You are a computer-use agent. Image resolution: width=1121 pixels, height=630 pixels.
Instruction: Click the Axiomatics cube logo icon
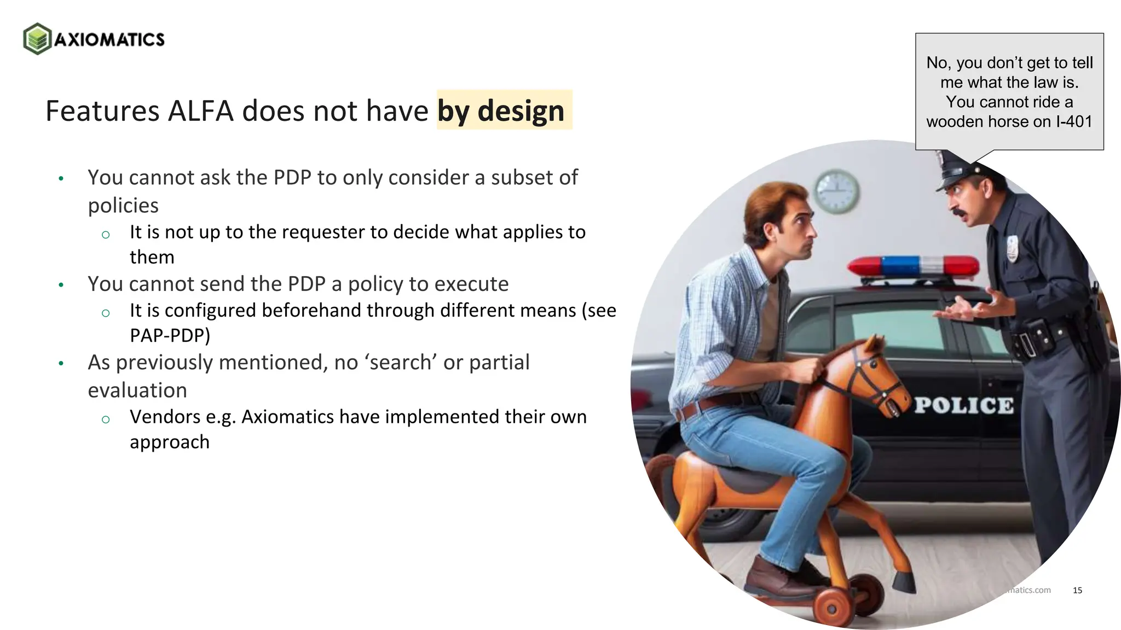[37, 39]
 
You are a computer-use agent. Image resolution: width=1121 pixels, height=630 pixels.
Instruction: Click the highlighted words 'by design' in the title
[501, 110]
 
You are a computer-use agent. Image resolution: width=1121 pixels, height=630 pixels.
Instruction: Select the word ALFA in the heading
[200, 110]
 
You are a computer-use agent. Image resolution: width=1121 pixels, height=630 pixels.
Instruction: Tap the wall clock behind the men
[836, 191]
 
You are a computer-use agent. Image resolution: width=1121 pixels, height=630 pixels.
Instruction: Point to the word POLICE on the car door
[964, 405]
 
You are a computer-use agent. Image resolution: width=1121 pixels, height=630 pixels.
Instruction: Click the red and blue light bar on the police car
[913, 266]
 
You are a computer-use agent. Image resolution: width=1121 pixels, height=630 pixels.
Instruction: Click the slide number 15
[1077, 590]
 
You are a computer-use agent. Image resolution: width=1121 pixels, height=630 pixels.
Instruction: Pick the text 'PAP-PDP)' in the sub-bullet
[170, 335]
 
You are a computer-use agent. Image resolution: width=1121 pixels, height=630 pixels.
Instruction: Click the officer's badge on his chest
[1012, 248]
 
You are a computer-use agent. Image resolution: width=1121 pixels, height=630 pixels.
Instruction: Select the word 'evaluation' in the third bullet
[137, 390]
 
